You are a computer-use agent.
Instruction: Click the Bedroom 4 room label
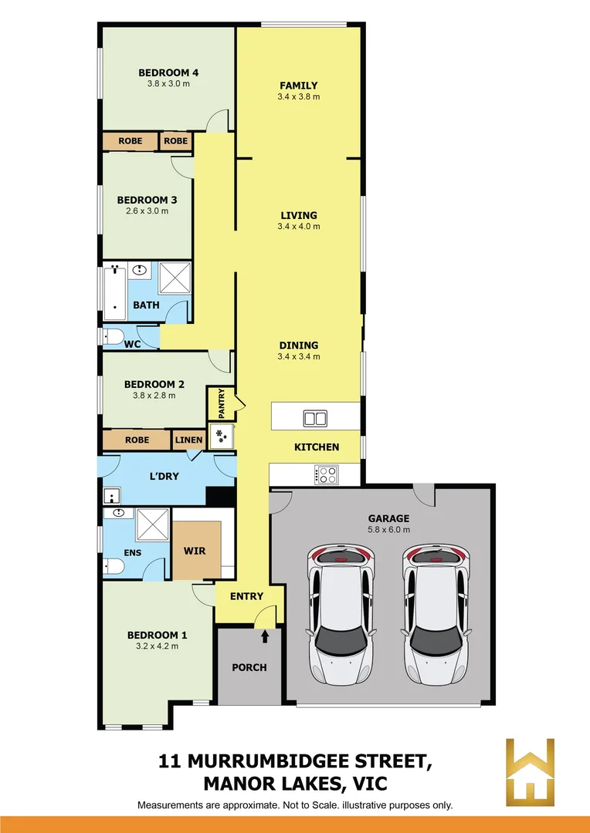click(x=164, y=73)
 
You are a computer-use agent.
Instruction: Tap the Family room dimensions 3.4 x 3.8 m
click(x=298, y=97)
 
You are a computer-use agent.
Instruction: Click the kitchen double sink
click(x=314, y=419)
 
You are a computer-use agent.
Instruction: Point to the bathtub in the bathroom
click(x=115, y=293)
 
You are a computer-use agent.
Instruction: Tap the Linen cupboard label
click(x=188, y=440)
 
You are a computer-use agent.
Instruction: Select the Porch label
click(x=249, y=667)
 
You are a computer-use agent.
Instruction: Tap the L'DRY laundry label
click(x=164, y=477)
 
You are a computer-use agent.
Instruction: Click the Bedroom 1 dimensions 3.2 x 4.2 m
click(x=158, y=646)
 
